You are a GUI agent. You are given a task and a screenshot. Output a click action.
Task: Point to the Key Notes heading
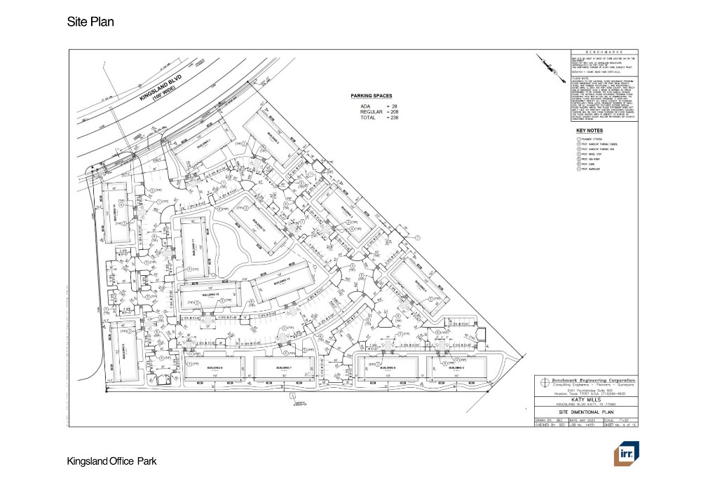pos(589,130)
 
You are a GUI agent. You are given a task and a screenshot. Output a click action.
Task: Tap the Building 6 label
pos(215,367)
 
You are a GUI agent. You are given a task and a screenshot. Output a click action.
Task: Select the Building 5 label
pos(456,367)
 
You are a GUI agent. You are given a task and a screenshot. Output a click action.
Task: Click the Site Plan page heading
pos(90,22)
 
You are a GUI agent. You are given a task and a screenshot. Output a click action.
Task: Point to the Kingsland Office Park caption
pos(111,461)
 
